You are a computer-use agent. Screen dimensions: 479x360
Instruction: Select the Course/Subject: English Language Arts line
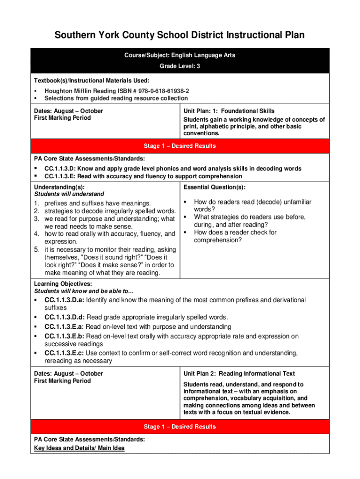point(180,55)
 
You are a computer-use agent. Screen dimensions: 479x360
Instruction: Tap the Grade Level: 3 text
point(180,66)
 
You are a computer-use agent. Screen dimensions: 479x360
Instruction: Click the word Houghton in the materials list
point(58,91)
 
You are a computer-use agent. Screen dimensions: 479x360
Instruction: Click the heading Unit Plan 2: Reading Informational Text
point(239,373)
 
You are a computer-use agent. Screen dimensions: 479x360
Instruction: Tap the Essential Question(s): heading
point(214,187)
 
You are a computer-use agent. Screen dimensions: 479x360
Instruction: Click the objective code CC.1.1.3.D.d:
point(65,317)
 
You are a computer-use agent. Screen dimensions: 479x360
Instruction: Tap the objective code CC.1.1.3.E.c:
point(65,353)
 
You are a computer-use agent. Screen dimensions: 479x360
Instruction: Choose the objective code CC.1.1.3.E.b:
point(65,336)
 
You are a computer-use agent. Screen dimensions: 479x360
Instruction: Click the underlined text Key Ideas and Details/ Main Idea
point(79,448)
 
